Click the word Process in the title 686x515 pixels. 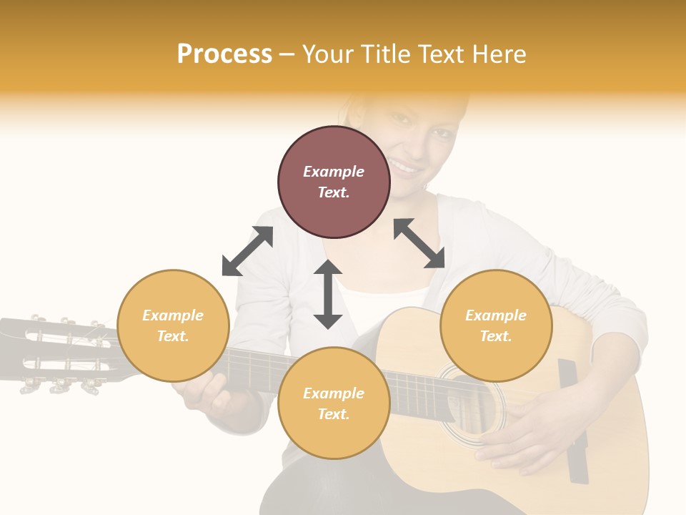224,54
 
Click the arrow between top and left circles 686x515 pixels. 247,251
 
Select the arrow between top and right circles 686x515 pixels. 419,243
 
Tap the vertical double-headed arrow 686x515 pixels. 328,294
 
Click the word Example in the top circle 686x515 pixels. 334,172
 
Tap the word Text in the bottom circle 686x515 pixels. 332,414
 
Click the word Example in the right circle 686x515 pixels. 496,315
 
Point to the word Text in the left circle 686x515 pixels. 171,336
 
